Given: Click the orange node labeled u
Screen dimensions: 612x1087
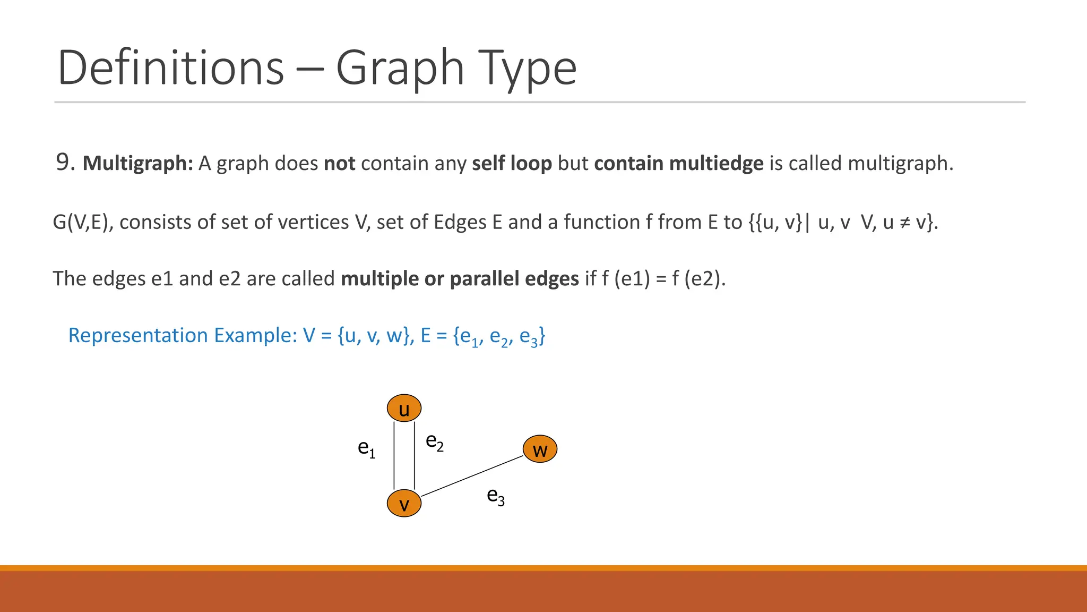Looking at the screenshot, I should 404,408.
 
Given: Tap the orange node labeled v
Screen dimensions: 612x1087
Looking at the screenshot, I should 404,504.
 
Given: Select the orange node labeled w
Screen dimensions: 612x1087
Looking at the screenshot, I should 540,449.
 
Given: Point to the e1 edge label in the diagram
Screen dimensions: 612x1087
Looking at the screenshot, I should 366,448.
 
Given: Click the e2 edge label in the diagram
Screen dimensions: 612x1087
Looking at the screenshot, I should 435,441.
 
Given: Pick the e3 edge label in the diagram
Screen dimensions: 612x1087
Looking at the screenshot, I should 496,496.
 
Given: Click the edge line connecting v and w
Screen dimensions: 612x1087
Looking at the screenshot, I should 472,476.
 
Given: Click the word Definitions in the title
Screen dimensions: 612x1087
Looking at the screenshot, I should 171,67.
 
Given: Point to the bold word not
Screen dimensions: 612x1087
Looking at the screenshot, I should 339,163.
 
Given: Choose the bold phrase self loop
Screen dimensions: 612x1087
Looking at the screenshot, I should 512,163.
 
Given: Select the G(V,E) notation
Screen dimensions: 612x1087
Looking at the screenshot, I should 83,222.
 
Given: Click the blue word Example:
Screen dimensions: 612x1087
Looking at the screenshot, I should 255,336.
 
